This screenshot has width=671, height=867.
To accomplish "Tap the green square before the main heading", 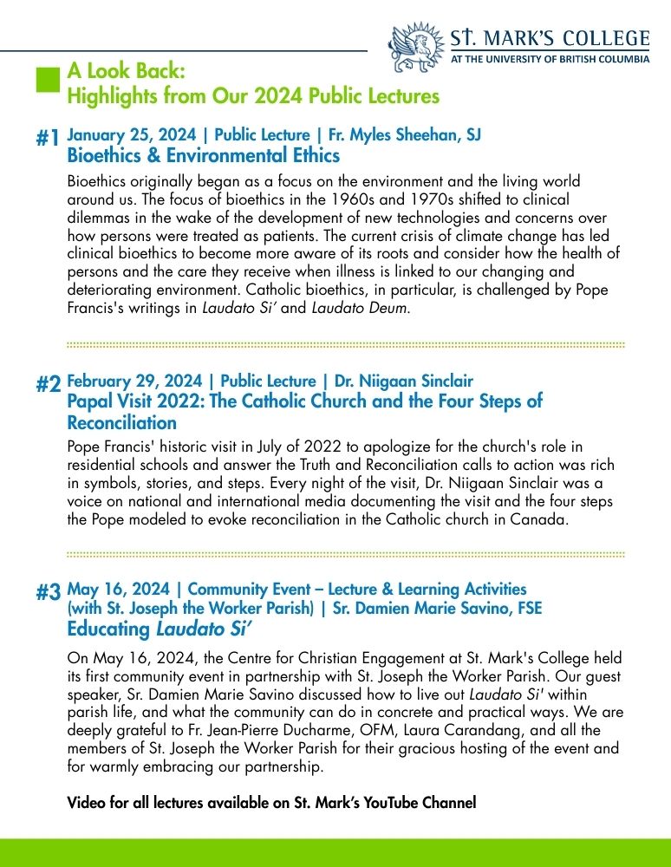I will point(47,80).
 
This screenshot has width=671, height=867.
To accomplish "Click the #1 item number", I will point(49,139).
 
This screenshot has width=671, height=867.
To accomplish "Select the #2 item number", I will point(49,385).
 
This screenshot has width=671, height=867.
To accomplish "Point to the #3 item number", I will point(49,592).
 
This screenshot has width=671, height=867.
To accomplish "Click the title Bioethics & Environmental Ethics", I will point(203,156).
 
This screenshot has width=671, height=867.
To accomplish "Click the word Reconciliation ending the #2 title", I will point(121,423).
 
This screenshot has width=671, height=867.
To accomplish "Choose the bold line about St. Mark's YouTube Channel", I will point(271,803).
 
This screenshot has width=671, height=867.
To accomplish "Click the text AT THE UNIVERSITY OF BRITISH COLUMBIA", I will point(550,61).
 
